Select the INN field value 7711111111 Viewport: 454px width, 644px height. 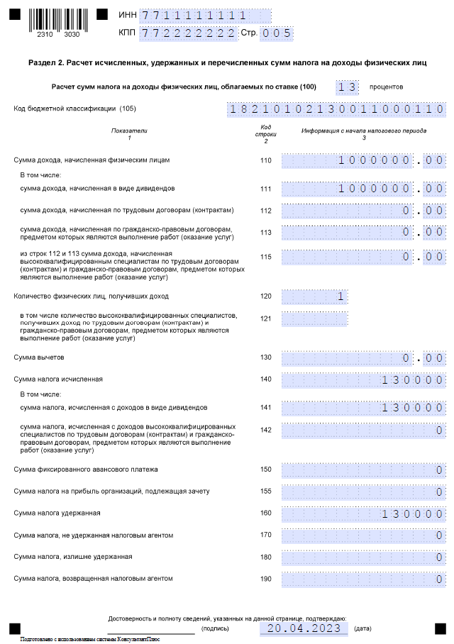click(x=195, y=16)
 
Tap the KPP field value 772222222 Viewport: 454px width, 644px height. click(x=189, y=33)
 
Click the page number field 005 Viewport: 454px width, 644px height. click(x=277, y=33)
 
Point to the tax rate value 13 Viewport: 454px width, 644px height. click(x=346, y=87)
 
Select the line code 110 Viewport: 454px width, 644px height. click(x=265, y=160)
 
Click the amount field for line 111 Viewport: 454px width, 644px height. click(x=363, y=189)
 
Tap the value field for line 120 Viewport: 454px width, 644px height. click(x=314, y=296)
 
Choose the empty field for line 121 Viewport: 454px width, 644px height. click(x=314, y=318)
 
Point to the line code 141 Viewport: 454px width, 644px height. click(x=265, y=408)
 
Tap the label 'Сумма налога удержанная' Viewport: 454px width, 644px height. click(x=57, y=513)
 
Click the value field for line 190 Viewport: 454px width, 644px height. click(x=363, y=579)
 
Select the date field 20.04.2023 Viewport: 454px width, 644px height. click(x=304, y=628)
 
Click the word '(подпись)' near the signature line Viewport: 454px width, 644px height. click(x=215, y=628)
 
